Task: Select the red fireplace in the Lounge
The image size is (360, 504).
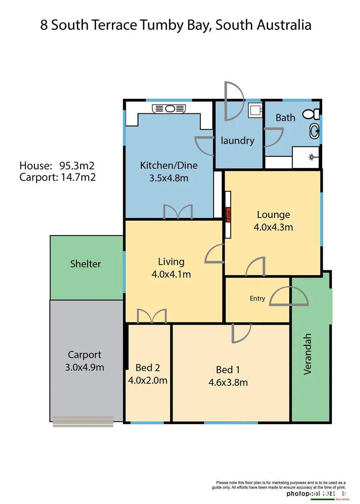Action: point(228,215)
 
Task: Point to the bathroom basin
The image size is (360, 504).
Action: point(315,132)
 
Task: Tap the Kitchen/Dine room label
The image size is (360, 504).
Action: point(169,165)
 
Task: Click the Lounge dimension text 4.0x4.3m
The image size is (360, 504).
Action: point(273,227)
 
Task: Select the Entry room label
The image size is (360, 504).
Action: point(257,299)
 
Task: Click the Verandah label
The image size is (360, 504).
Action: point(307,354)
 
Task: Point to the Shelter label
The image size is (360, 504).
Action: point(85,264)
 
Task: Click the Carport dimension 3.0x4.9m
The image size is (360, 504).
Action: point(84,367)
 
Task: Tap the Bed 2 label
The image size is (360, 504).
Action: point(147,367)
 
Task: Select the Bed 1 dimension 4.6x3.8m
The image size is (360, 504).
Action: point(228,383)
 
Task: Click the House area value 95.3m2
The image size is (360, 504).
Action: point(77,166)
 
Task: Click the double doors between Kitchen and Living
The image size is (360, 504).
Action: point(178,212)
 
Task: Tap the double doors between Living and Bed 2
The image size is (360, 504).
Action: point(152,316)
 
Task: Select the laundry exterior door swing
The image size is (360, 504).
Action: point(233,100)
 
